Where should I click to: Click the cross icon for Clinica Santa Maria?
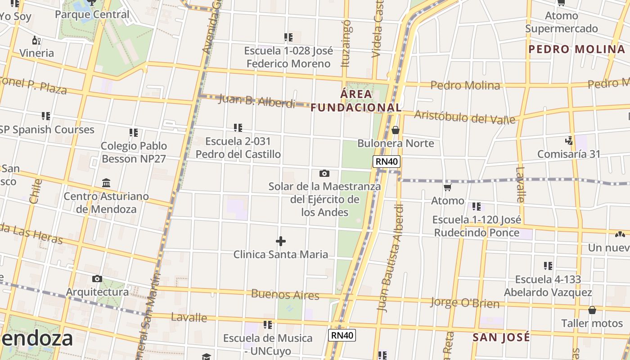(281, 241)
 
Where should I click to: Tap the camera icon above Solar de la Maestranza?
(324, 173)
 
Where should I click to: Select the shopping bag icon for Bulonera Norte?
(396, 130)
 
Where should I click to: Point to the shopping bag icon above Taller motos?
(592, 310)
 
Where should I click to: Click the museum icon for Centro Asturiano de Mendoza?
(106, 183)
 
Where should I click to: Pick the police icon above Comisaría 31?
(569, 140)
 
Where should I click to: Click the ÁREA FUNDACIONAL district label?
(356, 101)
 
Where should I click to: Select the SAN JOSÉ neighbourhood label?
(501, 337)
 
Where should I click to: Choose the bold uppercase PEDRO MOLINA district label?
(576, 49)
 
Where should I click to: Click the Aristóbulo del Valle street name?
(464, 117)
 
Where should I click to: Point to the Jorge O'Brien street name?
(465, 303)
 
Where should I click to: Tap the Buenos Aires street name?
(285, 295)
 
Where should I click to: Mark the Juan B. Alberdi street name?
(256, 101)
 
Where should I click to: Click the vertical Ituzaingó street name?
(346, 43)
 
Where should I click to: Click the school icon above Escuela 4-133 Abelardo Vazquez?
(548, 266)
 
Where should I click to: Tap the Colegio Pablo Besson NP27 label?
(134, 152)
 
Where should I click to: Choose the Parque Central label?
(92, 14)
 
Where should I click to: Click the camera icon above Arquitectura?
(97, 279)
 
